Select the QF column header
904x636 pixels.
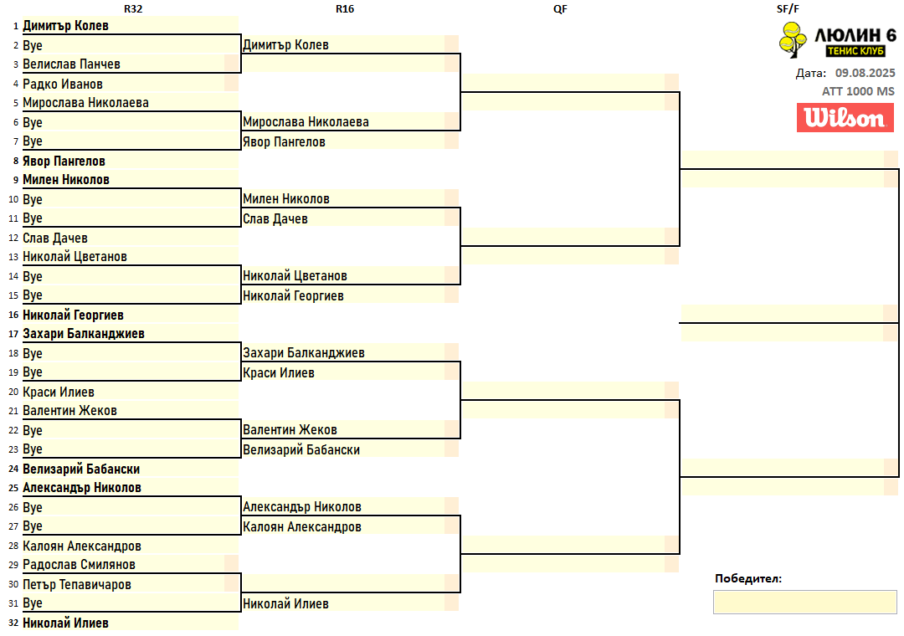[560, 8]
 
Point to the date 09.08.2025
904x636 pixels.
[865, 73]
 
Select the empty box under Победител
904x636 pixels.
[804, 602]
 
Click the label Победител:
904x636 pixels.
[748, 578]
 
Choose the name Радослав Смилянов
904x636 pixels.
[79, 565]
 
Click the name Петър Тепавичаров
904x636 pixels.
[76, 585]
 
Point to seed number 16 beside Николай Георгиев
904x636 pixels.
[13, 315]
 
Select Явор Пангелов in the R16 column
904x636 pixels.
[284, 142]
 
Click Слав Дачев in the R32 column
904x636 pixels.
[55, 238]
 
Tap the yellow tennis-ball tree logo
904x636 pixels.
[793, 39]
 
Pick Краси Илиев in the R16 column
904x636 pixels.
[278, 373]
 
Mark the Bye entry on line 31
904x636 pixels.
[33, 603]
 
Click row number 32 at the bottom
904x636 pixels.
[13, 623]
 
